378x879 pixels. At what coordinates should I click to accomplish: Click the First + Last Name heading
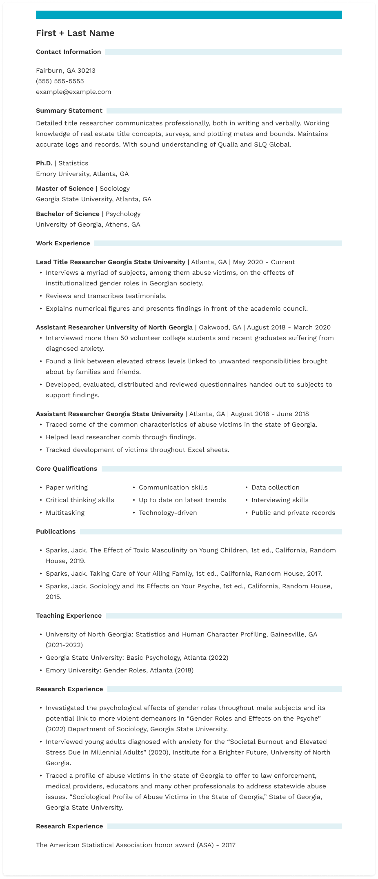tap(75, 33)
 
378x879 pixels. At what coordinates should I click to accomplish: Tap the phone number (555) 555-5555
tap(60, 81)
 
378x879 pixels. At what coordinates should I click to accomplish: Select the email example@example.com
tap(73, 92)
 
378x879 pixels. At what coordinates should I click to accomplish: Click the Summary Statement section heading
tap(69, 111)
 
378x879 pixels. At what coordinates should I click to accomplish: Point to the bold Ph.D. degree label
tap(44, 163)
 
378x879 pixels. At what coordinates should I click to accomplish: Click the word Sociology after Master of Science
tap(115, 189)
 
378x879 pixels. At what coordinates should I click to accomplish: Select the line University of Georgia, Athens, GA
tap(88, 225)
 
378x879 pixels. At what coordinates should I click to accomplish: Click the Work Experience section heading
tap(63, 243)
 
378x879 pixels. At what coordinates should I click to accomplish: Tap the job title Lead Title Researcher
tap(71, 262)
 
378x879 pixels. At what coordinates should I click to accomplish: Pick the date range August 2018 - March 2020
tap(289, 327)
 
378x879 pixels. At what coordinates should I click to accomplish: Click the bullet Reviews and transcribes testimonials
tap(106, 296)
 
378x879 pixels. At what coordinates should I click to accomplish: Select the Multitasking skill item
tap(65, 513)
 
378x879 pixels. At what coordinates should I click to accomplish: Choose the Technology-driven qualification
tap(168, 513)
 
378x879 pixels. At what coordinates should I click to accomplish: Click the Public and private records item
tap(293, 513)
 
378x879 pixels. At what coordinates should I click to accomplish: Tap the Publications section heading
tap(56, 532)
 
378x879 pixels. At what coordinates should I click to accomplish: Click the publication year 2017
tap(314, 574)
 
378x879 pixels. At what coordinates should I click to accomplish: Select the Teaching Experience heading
tap(69, 616)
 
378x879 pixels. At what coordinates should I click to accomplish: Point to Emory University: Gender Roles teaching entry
tap(120, 670)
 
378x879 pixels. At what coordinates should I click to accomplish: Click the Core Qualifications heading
tap(67, 469)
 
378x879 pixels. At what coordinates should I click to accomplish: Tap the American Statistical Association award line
tap(136, 845)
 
